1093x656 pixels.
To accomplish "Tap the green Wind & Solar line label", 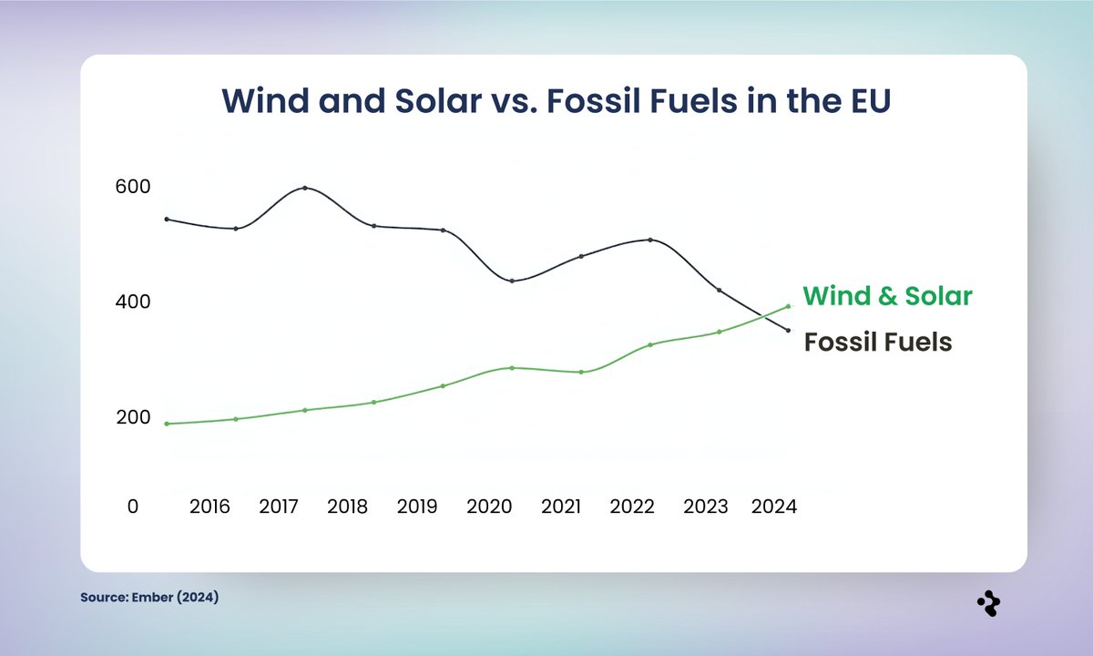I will point(888,296).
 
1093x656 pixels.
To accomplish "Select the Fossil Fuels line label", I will point(877,342).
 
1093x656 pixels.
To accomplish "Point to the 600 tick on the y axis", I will point(132,186).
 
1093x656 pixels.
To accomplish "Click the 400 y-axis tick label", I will point(132,302).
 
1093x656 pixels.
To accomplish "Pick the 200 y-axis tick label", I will point(132,417).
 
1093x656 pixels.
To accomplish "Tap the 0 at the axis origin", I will point(133,507).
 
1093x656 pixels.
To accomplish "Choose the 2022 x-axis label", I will point(632,507).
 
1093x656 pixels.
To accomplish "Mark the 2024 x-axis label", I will point(774,507).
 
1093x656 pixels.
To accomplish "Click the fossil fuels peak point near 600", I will point(304,188).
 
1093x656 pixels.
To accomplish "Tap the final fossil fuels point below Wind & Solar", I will point(788,330).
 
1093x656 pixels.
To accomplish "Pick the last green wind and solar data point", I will point(788,306).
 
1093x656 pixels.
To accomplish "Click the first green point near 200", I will point(167,424).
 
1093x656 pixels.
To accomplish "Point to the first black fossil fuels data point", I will point(167,219).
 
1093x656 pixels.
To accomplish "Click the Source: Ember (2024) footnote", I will point(149,598).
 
